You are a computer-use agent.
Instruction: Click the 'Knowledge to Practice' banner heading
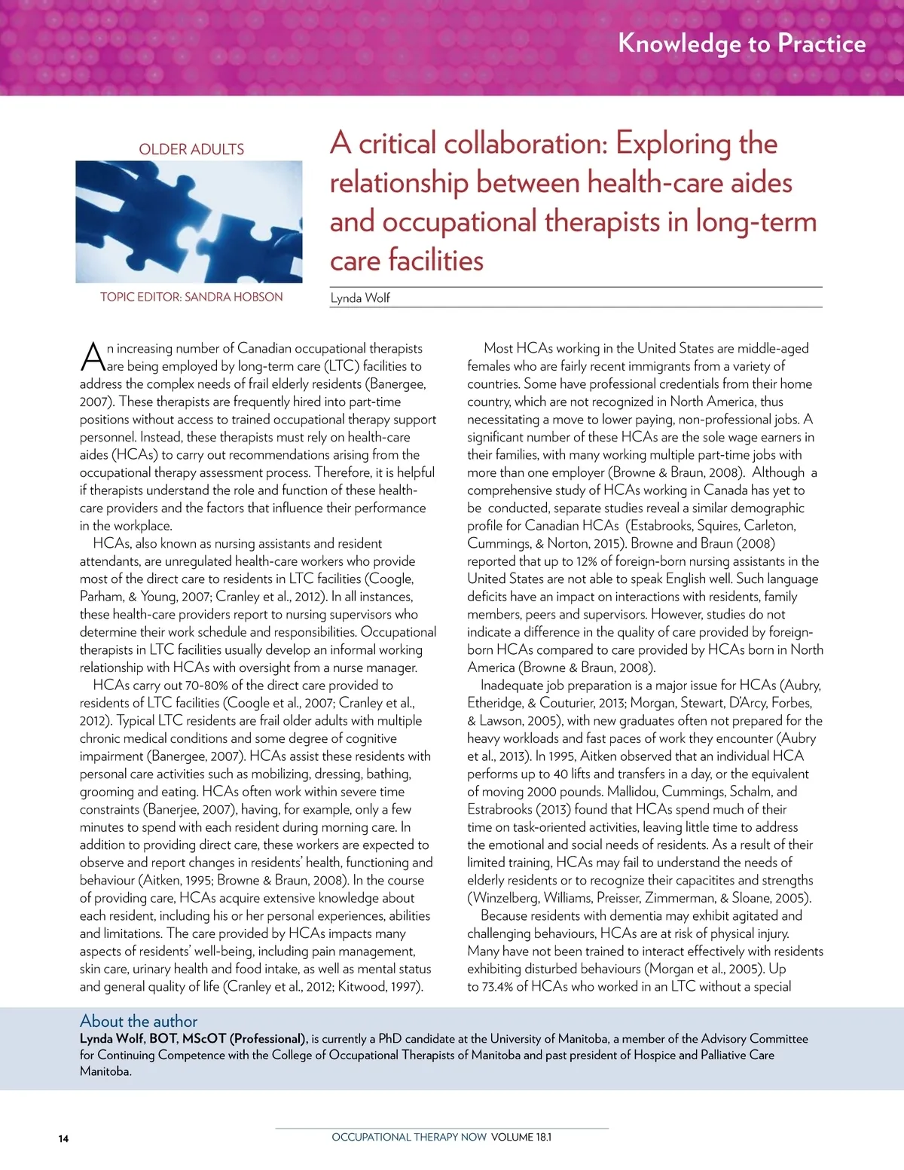(741, 44)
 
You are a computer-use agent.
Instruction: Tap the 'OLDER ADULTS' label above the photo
(191, 149)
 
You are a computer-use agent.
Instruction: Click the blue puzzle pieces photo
(189, 221)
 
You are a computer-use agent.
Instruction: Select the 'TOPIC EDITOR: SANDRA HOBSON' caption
(191, 297)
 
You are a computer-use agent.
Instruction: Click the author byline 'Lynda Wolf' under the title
(360, 298)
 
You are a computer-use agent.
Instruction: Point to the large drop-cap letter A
(92, 356)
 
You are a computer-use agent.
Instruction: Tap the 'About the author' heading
(139, 1022)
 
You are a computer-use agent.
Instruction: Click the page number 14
(63, 1138)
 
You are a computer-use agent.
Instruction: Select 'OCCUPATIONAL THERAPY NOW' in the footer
(409, 1137)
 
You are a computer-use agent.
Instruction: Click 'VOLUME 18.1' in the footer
(521, 1137)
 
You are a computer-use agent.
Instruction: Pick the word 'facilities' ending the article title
(436, 261)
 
